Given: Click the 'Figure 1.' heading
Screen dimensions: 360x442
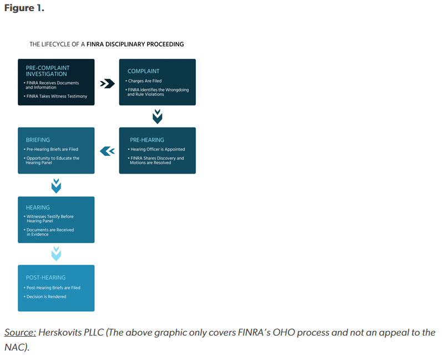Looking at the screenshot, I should pyautogui.click(x=24, y=9).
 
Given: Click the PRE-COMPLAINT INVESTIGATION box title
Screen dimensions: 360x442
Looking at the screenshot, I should pyautogui.click(x=48, y=71).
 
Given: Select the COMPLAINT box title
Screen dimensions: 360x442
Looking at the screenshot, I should pyautogui.click(x=143, y=71).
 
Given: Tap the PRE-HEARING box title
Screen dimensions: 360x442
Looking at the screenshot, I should pyautogui.click(x=147, y=140).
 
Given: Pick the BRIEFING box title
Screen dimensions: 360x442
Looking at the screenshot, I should pyautogui.click(x=38, y=140).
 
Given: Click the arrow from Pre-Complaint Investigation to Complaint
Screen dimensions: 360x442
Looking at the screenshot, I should pyautogui.click(x=107, y=83).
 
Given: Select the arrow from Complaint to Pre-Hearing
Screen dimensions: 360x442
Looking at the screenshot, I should pyautogui.click(x=158, y=116).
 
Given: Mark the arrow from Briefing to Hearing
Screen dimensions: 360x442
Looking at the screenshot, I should pyautogui.click(x=56, y=185).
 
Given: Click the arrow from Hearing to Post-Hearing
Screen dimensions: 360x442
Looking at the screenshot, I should pyautogui.click(x=56, y=253).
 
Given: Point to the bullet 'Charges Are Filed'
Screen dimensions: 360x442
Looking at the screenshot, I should pyautogui.click(x=145, y=81).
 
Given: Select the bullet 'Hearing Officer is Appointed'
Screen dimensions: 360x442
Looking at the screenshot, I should pyautogui.click(x=157, y=149).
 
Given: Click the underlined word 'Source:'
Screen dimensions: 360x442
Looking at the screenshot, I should pyautogui.click(x=21, y=332).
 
